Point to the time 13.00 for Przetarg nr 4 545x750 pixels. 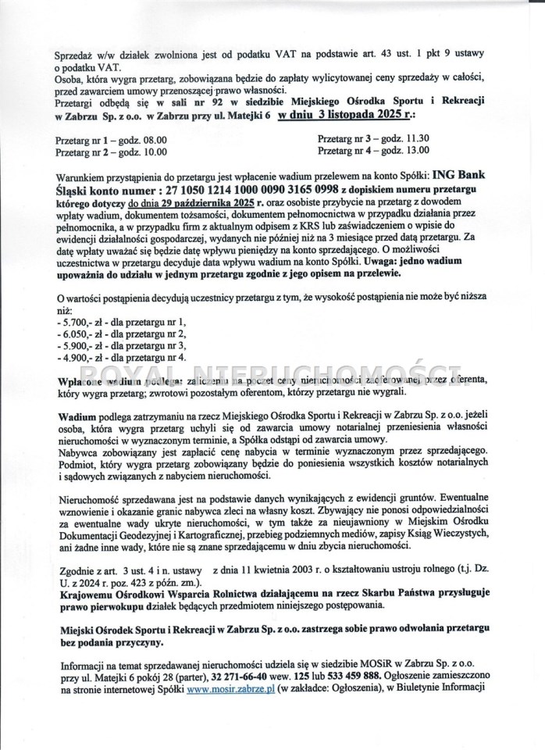tap(408, 149)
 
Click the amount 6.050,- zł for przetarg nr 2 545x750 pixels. tap(80, 334)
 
